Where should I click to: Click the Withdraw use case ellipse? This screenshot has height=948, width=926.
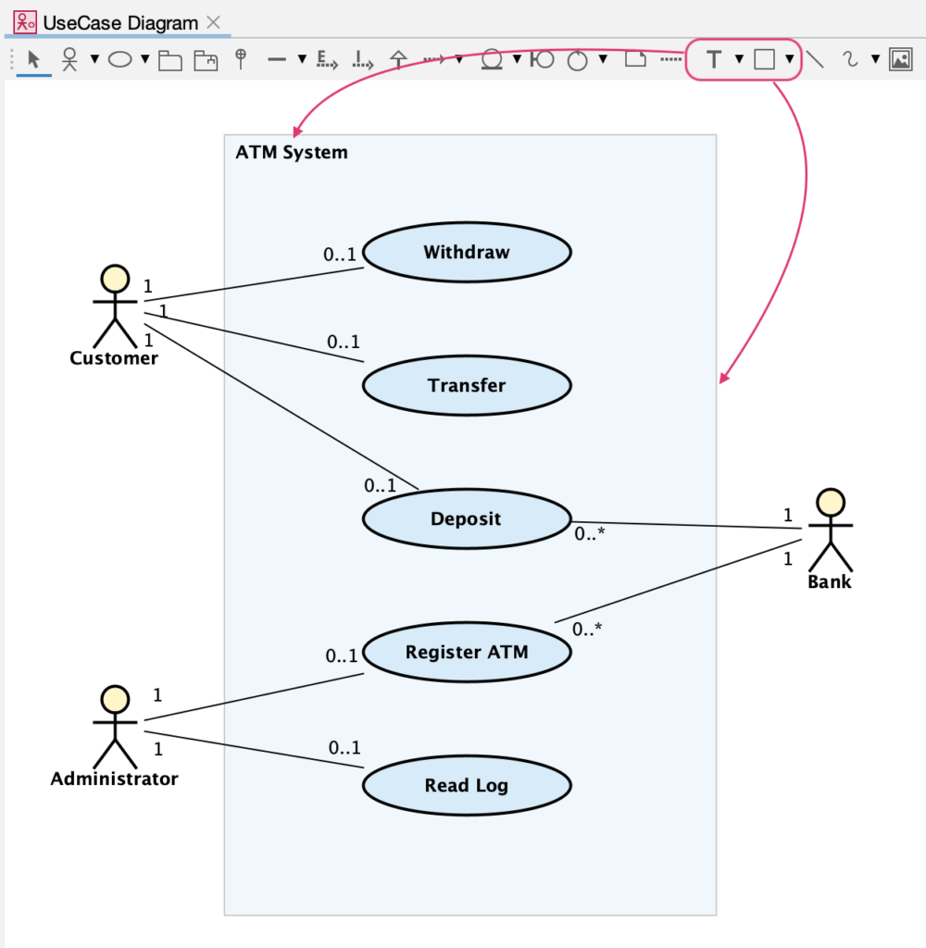[x=467, y=252]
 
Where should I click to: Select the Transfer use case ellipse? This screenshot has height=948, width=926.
[x=467, y=385]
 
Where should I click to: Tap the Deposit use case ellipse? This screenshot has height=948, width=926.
[x=467, y=519]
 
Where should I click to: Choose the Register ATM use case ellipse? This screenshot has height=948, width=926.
[x=467, y=652]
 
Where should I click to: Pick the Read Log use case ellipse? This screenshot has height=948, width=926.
[x=467, y=786]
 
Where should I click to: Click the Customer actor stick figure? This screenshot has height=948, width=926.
[x=114, y=306]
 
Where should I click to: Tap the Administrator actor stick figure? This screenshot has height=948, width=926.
[x=114, y=727]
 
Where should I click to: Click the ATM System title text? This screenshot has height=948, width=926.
[x=292, y=153]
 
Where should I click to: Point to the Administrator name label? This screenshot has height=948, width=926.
[x=114, y=779]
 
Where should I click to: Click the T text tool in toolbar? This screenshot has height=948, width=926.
[x=713, y=60]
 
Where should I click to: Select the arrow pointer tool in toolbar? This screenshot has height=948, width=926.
[x=34, y=60]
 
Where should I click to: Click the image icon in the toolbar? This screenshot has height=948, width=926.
[x=900, y=60]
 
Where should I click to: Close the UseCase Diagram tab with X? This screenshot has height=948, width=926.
[x=213, y=22]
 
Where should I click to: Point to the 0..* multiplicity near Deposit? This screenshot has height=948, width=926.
[x=589, y=534]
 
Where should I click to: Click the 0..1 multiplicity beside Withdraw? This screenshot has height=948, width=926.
[x=340, y=255]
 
